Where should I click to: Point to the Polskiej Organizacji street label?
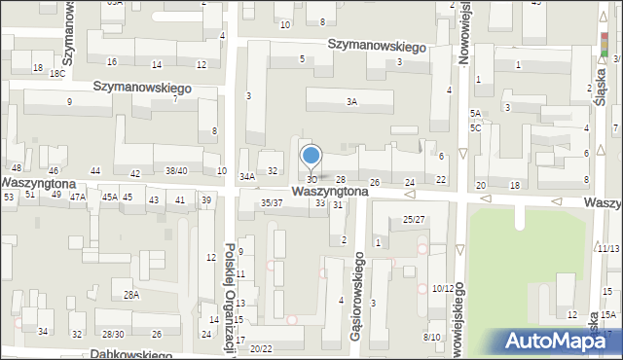230,297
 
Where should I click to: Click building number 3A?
351,101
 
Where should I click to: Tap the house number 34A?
247,176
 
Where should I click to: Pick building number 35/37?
272,202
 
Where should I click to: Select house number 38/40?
176,171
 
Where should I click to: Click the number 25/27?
414,219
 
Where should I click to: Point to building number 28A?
130,294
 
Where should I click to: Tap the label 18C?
57,73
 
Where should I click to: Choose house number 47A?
77,197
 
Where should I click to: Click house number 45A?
110,198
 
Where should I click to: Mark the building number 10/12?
442,288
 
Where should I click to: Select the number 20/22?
261,348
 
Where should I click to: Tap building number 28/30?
113,334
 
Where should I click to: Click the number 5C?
475,127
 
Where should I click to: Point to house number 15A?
607,315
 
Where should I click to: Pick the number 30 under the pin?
311,180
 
